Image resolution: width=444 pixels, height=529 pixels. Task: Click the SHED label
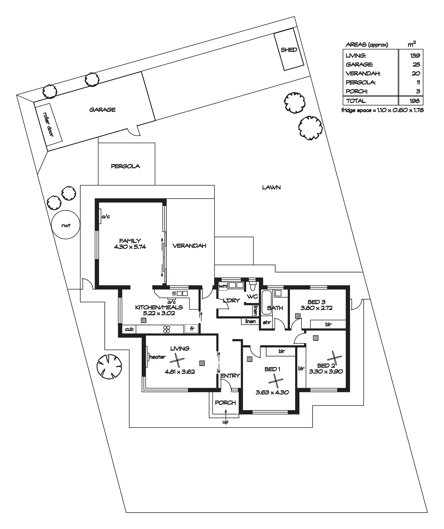(289, 50)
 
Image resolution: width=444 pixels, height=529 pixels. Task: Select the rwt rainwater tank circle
(65, 225)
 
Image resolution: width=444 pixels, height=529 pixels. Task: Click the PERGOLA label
(125, 166)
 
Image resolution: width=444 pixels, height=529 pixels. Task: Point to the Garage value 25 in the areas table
(416, 65)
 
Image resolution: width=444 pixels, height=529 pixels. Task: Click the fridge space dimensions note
(382, 110)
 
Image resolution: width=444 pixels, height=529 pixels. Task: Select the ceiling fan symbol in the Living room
(177, 361)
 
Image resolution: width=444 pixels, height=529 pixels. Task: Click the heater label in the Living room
(157, 357)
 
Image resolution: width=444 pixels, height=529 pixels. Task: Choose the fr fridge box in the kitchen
(191, 329)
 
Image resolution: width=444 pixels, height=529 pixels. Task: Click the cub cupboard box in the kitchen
(129, 329)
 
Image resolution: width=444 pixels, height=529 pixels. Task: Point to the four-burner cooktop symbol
(167, 329)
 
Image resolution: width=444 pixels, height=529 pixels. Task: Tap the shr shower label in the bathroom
(267, 322)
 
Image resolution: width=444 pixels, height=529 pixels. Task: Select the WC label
(252, 296)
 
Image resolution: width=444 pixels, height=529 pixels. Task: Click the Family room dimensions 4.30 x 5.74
(130, 247)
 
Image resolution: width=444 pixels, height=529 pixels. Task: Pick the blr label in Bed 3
(328, 324)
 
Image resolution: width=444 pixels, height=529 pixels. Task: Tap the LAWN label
(271, 187)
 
